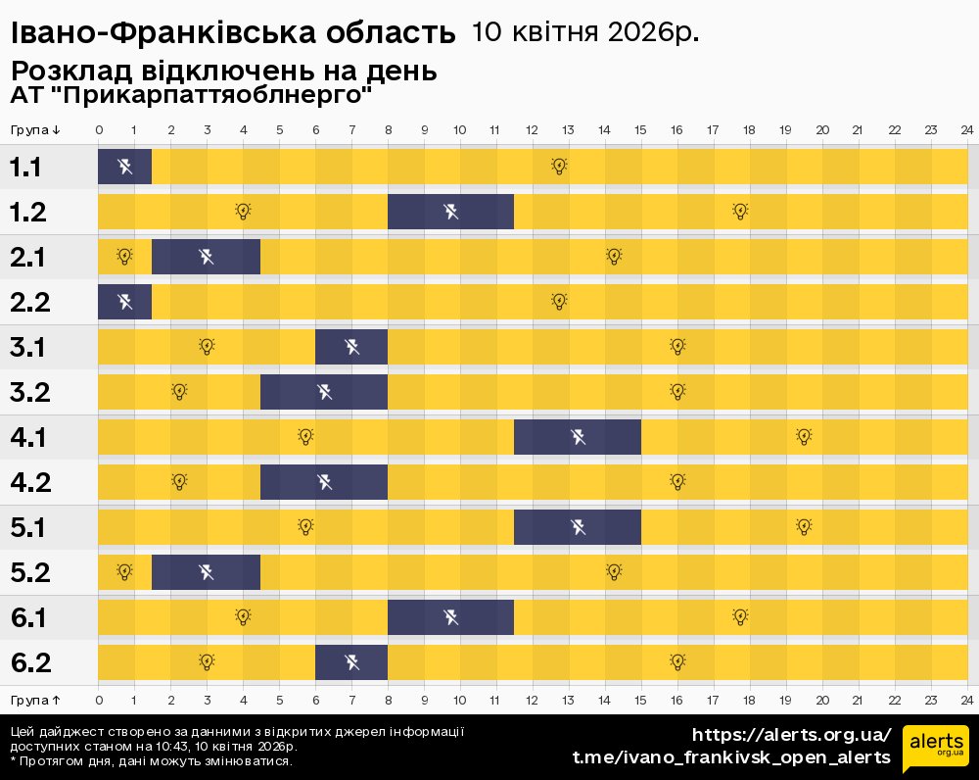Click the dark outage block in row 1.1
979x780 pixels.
coord(124,167)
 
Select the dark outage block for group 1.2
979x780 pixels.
coord(450,212)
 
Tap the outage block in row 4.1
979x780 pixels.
coord(578,437)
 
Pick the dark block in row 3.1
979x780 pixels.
coord(351,347)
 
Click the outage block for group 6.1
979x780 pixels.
coord(450,617)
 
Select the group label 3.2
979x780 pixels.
coord(31,393)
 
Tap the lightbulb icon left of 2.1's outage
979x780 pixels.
coord(124,257)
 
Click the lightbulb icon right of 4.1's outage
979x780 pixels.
coord(804,437)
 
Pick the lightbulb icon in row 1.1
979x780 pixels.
coord(559,167)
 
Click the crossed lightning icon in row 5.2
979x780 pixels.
coord(206,572)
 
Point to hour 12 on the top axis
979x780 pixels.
coord(532,130)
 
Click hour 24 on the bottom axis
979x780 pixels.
coord(965,700)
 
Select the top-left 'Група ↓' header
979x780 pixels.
coord(35,130)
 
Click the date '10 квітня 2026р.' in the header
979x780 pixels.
coord(585,32)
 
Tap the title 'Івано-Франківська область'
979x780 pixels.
coord(233,33)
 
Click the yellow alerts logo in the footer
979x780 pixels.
coord(935,750)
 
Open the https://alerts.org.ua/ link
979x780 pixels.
coord(791,735)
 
